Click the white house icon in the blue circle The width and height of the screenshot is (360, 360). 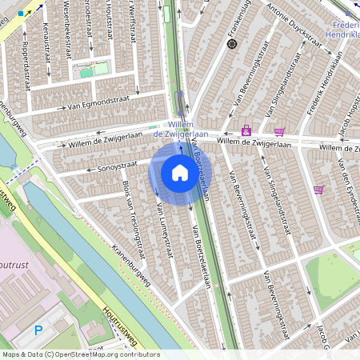tap(180, 173)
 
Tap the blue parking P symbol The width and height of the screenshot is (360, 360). tap(38, 330)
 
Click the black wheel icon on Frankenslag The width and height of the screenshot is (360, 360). tap(232, 44)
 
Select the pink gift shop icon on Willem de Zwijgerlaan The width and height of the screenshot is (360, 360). tap(246, 130)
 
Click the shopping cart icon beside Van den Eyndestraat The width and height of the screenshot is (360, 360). tap(318, 190)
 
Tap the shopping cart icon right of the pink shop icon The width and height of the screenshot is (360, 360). tap(279, 131)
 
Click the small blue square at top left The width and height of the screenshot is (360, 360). tap(21, 14)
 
